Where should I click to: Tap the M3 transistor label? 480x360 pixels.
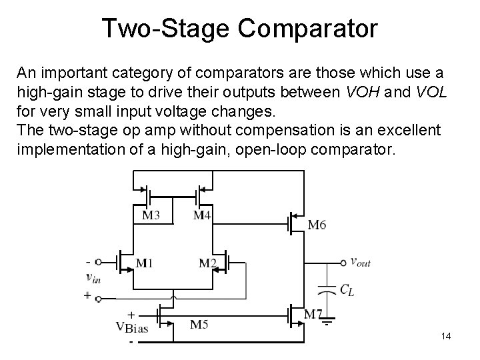(x=151, y=215)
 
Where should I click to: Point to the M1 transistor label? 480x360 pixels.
(x=145, y=263)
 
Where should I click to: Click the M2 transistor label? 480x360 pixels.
(x=208, y=263)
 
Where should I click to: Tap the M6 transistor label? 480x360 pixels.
(x=317, y=225)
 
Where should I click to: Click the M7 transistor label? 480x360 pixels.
(x=313, y=314)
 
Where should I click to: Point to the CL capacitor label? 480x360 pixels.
(x=347, y=289)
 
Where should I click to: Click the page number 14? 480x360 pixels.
(x=446, y=337)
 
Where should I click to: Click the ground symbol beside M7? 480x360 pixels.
(x=326, y=325)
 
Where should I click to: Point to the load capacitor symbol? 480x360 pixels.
(x=327, y=289)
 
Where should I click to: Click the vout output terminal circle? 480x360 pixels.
(x=343, y=262)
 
